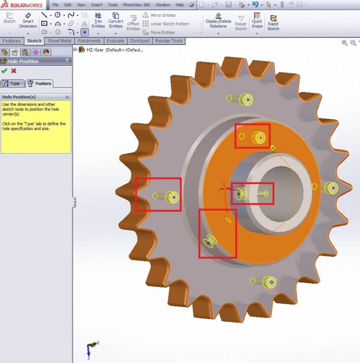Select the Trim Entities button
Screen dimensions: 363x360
click(x=98, y=21)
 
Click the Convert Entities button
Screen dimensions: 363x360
click(x=116, y=21)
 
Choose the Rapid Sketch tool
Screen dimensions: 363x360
click(x=273, y=23)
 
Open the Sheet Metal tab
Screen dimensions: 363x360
click(x=60, y=41)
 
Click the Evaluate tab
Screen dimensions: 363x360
click(x=115, y=41)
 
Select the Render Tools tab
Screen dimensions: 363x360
click(x=168, y=41)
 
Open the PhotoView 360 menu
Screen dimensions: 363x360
click(x=136, y=5)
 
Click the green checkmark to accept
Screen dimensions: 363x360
click(x=4, y=71)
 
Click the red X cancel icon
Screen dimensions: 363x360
click(x=14, y=71)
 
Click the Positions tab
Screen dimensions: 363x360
click(x=40, y=83)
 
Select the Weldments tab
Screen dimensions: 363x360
click(x=88, y=41)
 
